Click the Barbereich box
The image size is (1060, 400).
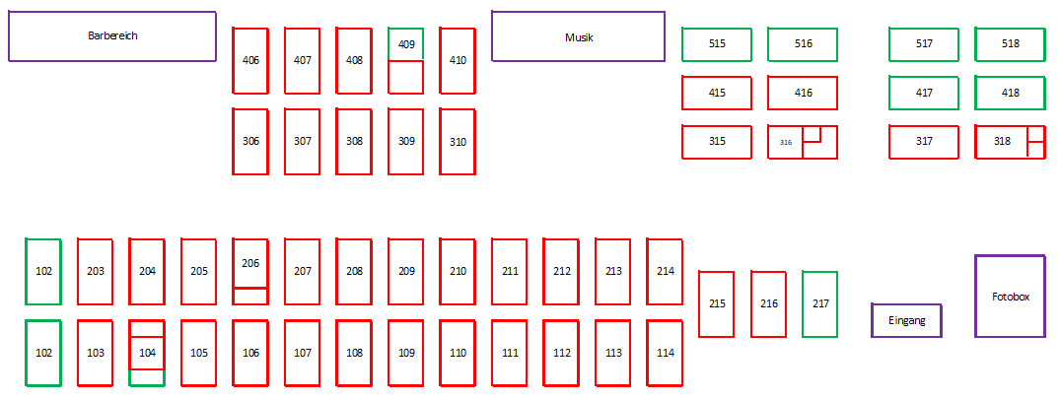pyautogui.click(x=112, y=36)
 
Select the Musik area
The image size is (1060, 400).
pyautogui.click(x=578, y=36)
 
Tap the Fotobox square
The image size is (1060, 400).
pyautogui.click(x=1011, y=296)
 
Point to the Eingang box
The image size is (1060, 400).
pyautogui.click(x=906, y=320)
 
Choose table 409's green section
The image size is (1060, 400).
pyautogui.click(x=405, y=44)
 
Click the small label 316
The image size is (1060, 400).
pyautogui.click(x=786, y=143)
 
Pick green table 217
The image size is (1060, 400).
pyautogui.click(x=820, y=304)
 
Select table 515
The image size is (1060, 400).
pyautogui.click(x=717, y=44)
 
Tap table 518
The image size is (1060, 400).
pyautogui.click(x=1011, y=44)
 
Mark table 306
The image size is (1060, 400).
pyautogui.click(x=250, y=142)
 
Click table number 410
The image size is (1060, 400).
pyautogui.click(x=458, y=60)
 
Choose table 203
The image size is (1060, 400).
pyautogui.click(x=96, y=271)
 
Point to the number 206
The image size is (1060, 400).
pyautogui.click(x=250, y=263)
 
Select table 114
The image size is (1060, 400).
pyautogui.click(x=666, y=353)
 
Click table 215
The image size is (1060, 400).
pyautogui.click(x=717, y=304)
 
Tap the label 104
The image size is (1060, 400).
pyautogui.click(x=147, y=353)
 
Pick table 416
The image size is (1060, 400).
pyautogui.click(x=803, y=93)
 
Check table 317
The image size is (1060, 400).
pyautogui.click(x=924, y=142)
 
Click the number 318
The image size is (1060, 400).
pyautogui.click(x=1002, y=141)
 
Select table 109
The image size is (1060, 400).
pyautogui.click(x=405, y=353)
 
